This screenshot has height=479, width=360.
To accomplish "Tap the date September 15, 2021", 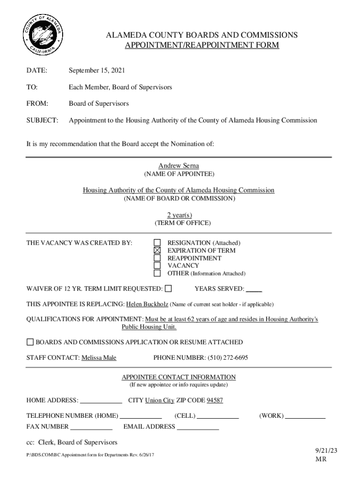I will click(x=97, y=71).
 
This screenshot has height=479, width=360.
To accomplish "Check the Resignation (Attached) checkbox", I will click(x=158, y=243).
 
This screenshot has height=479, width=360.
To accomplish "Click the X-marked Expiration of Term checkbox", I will click(x=158, y=250).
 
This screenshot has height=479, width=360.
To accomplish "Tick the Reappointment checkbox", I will click(x=158, y=258).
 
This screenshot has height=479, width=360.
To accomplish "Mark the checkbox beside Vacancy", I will click(x=158, y=265).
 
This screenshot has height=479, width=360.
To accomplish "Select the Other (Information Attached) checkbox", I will click(x=158, y=273).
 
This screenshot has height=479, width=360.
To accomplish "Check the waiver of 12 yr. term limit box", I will click(x=168, y=288).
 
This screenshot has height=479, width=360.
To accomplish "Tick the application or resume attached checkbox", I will click(x=30, y=342).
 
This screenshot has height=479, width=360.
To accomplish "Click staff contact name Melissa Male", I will click(x=99, y=358).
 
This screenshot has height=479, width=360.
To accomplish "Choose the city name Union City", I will click(x=159, y=400).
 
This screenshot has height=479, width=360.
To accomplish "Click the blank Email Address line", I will click(x=198, y=427).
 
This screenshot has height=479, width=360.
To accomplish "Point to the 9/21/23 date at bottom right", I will click(x=326, y=450).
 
